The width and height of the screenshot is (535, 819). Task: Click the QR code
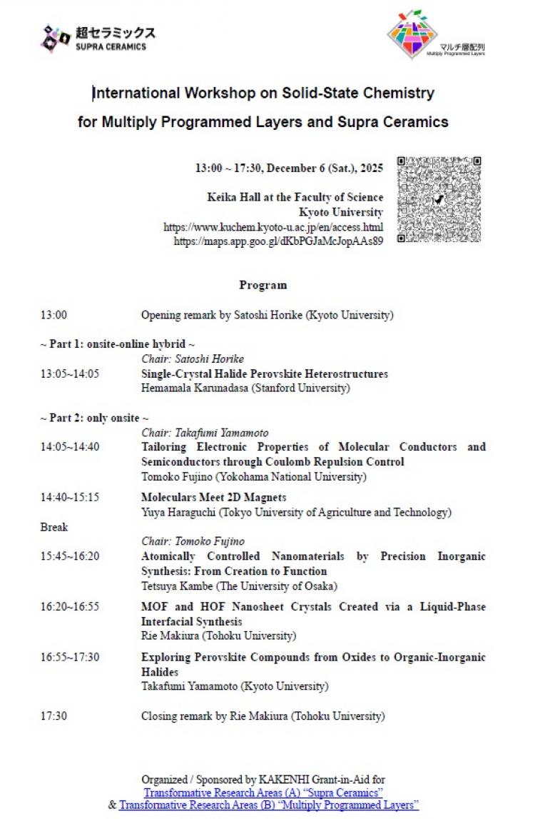(439, 200)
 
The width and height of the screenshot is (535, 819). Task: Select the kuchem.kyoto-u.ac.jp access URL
(273, 227)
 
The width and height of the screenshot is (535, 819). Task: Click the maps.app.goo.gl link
(278, 241)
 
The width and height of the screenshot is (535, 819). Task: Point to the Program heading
(263, 285)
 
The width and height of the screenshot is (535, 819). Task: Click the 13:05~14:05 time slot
(70, 373)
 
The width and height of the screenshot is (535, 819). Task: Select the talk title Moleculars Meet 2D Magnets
(213, 497)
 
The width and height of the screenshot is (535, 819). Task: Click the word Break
(54, 527)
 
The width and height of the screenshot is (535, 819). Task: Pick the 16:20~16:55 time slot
(70, 606)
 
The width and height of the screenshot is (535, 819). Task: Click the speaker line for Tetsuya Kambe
(239, 586)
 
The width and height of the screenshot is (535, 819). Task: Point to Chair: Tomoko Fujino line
(193, 541)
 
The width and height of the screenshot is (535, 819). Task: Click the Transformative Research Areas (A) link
(263, 793)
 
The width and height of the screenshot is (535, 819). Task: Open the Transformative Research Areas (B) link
(269, 805)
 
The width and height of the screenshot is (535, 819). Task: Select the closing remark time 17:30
(53, 715)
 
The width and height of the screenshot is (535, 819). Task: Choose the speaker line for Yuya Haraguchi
(296, 512)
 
